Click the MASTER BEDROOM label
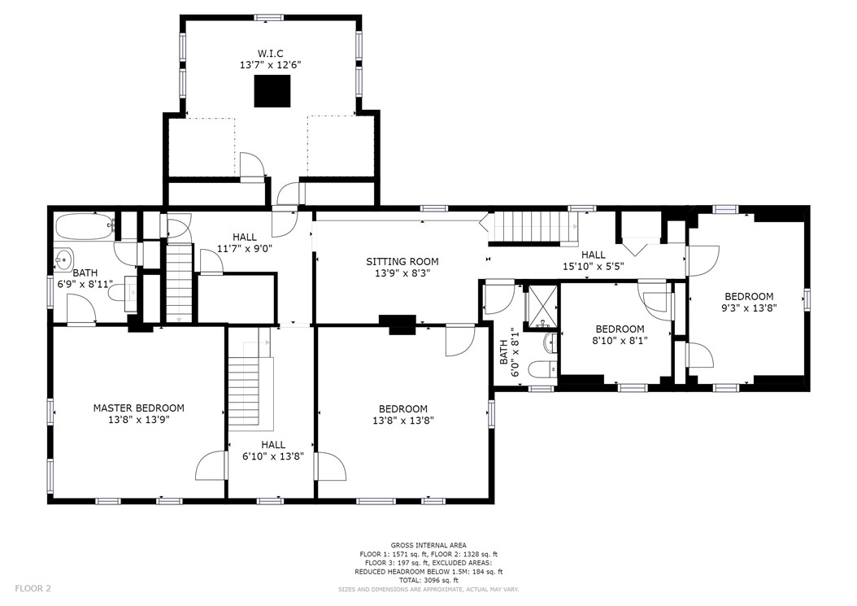[x=138, y=408]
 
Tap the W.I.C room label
[x=271, y=53]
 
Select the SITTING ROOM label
[x=402, y=261]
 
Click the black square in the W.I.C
[x=272, y=91]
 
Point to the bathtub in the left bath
[x=85, y=226]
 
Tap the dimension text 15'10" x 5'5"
[x=593, y=266]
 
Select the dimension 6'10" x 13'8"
[x=272, y=456]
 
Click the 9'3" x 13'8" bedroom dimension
[x=749, y=308]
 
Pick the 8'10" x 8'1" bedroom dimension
[x=620, y=340]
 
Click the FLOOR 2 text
[x=33, y=588]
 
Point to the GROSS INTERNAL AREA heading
[x=428, y=545]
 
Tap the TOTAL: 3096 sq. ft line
[x=428, y=580]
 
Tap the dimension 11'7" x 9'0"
[x=244, y=248]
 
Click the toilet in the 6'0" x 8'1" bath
[x=542, y=369]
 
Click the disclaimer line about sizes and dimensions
[x=428, y=589]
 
